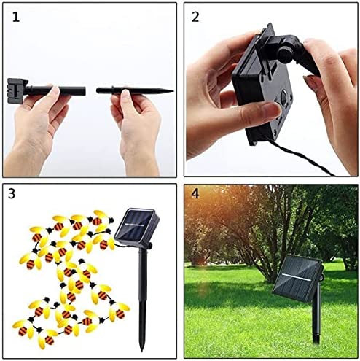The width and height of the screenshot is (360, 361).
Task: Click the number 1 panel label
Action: pos(15,15)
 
